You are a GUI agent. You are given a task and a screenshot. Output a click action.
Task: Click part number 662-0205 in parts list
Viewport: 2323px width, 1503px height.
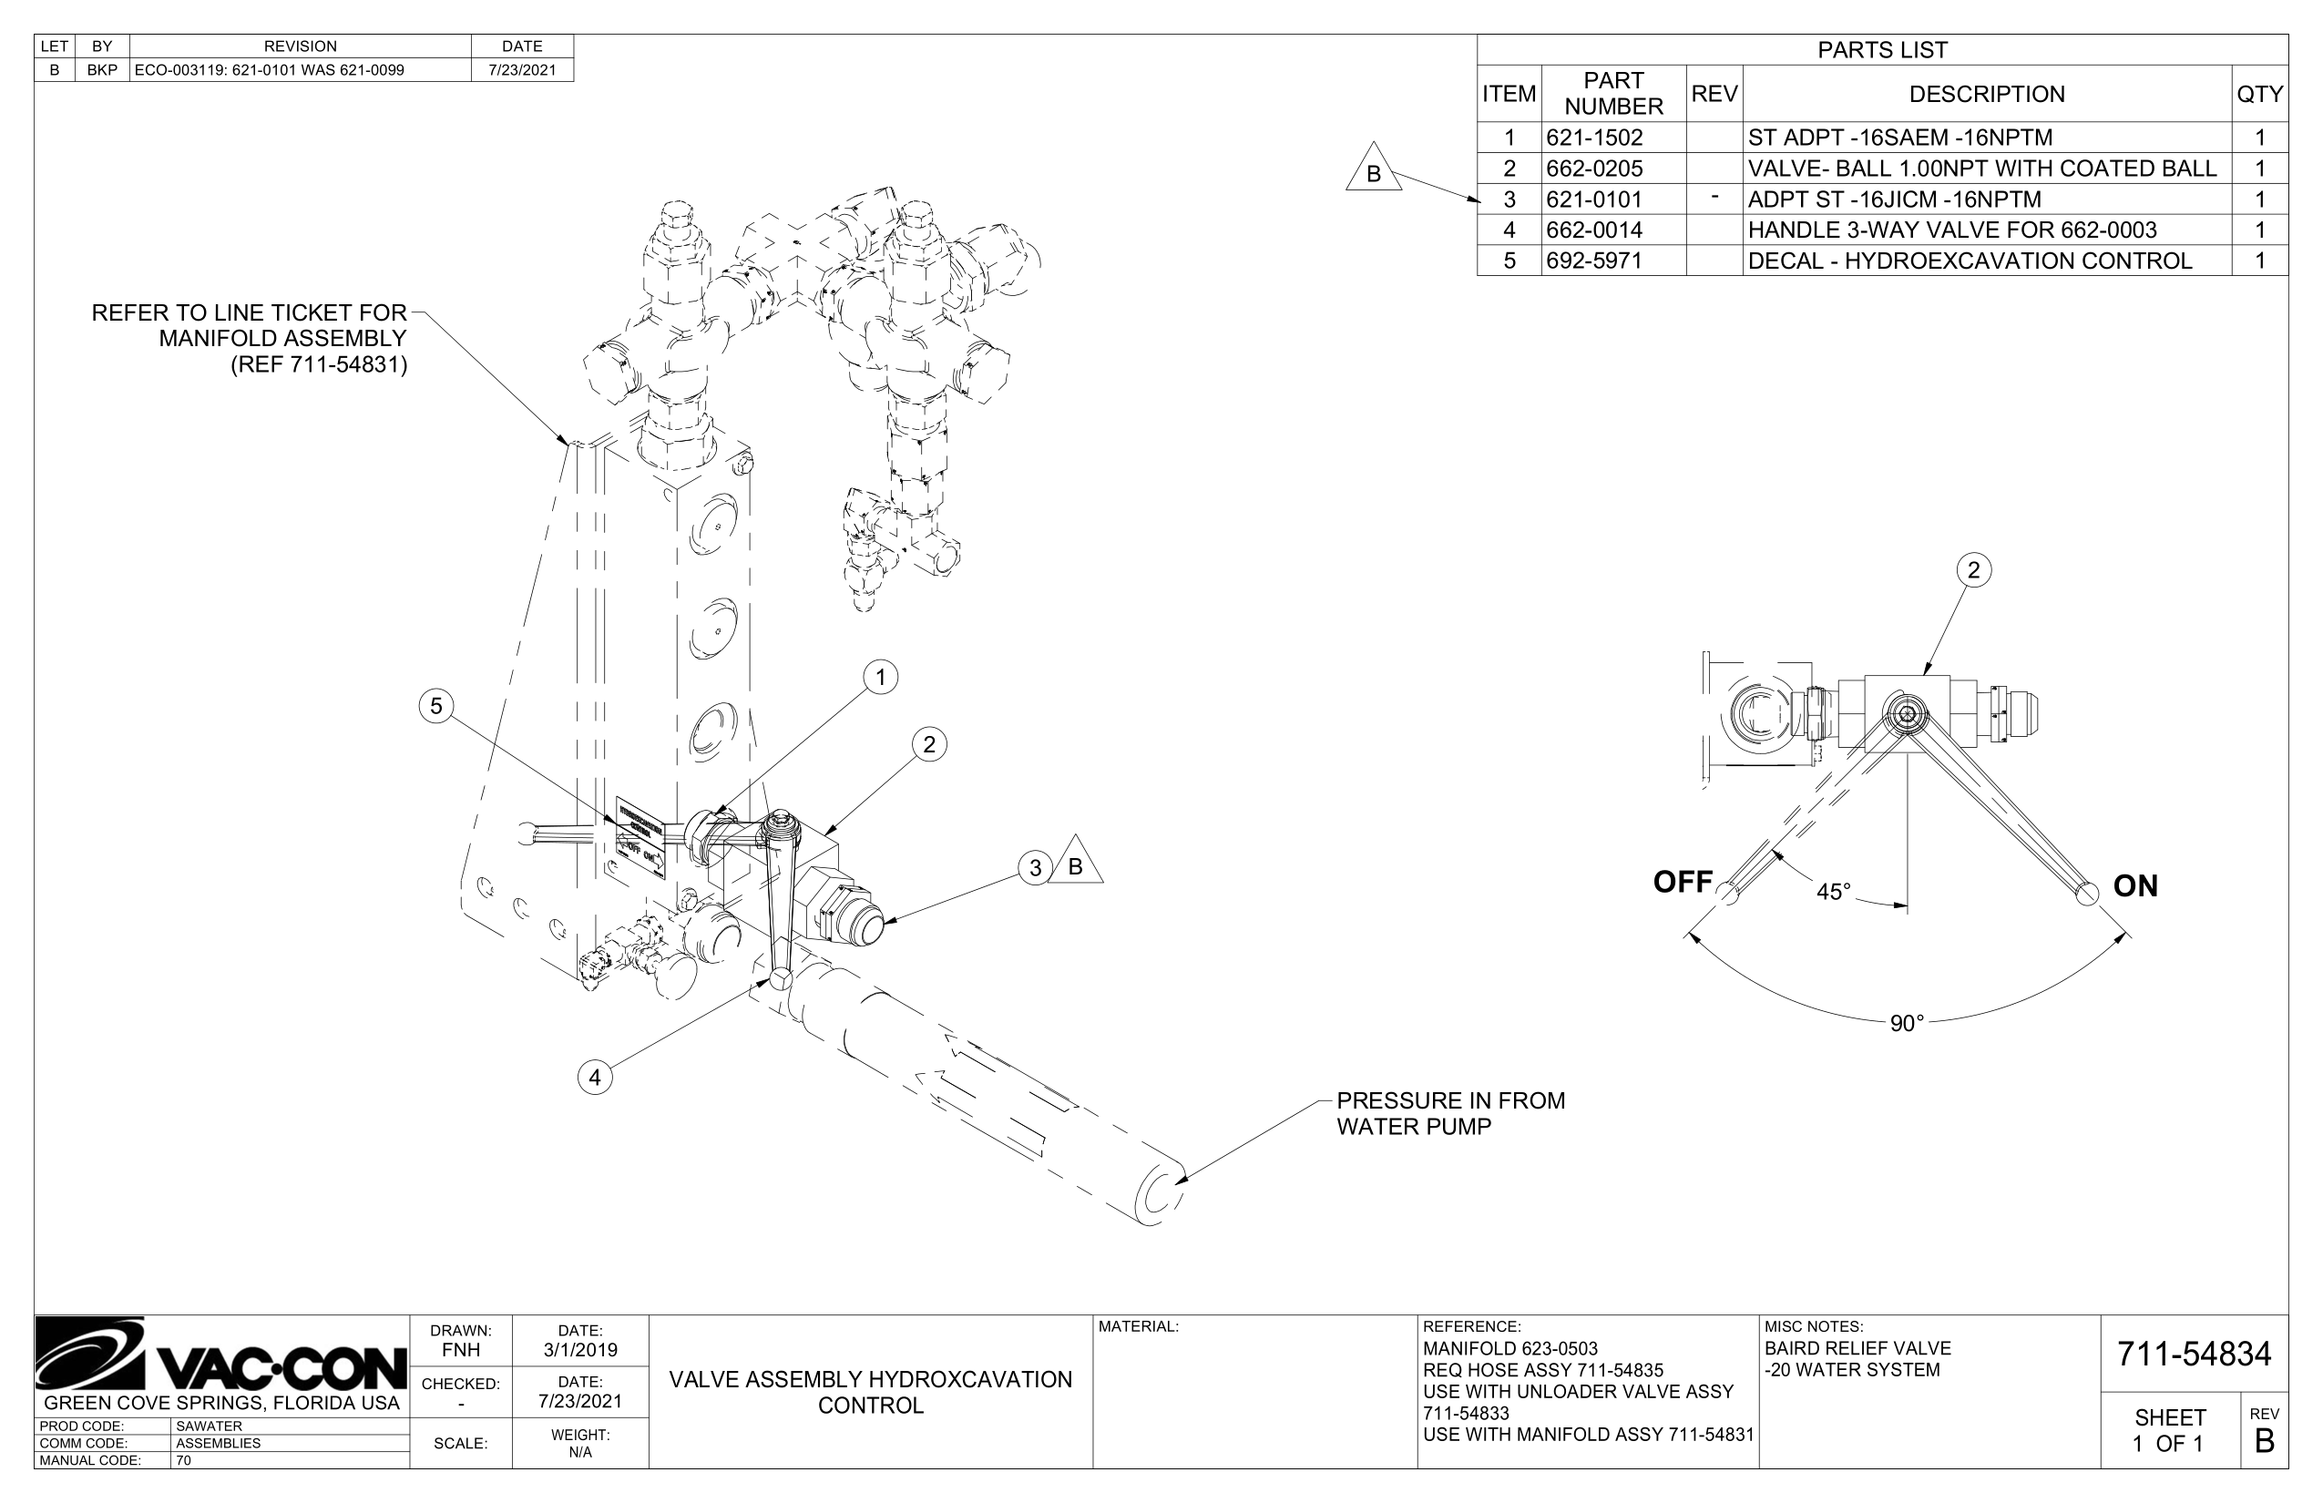pos(1594,168)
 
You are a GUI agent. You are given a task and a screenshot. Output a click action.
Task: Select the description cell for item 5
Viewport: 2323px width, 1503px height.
pos(1970,261)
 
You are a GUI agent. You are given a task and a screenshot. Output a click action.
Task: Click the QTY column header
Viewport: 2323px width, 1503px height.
pos(2258,94)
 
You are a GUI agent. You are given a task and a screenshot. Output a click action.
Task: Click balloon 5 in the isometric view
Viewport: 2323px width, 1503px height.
pos(436,706)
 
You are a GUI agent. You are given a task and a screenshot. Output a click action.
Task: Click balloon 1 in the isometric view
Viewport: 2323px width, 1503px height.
pos(880,678)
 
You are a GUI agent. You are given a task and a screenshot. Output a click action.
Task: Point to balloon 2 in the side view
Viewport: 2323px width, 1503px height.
pos(1973,570)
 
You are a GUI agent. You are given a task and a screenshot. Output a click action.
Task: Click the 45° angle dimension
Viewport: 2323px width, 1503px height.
pos(1833,891)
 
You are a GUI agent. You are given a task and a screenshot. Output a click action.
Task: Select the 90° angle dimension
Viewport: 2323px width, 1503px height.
pos(1906,1023)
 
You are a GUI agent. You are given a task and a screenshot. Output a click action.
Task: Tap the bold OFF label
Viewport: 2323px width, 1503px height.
pos(1683,883)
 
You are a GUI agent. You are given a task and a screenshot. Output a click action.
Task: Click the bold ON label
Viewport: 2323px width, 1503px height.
pos(2134,886)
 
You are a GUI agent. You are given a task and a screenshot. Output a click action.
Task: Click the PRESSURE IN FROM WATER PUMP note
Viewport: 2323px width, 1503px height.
pos(1449,1113)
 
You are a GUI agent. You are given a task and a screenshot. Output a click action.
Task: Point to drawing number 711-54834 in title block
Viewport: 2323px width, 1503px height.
pos(2194,1355)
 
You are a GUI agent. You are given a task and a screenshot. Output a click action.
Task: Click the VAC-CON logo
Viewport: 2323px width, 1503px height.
pos(221,1356)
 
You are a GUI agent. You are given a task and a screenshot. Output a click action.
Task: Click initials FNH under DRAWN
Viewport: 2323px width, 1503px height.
pos(461,1350)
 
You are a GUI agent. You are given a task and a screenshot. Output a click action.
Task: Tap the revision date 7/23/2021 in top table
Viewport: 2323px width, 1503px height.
pos(522,70)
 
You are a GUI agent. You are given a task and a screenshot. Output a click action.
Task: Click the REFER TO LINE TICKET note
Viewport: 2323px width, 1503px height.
pos(250,339)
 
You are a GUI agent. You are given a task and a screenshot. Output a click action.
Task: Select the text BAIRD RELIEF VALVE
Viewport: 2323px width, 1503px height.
pos(1857,1349)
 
